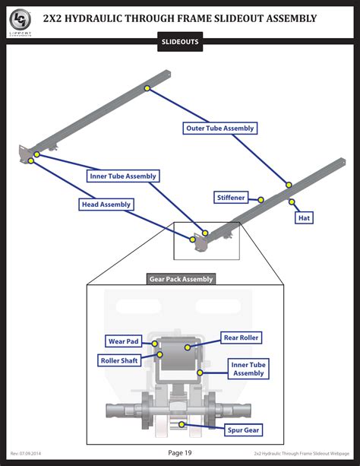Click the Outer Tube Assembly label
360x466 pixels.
pos(220,128)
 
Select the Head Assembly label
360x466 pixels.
pos(106,204)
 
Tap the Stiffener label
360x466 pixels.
pos(231,198)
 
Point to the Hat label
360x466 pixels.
pos(305,217)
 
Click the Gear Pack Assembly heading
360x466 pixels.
pos(181,279)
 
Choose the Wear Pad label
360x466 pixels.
pos(123,342)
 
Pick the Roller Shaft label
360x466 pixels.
pos(119,360)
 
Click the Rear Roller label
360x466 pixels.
pos(241,338)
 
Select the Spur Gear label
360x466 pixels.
pos(243,430)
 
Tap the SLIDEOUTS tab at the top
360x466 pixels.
pos(180,43)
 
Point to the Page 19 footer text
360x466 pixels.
pos(180,453)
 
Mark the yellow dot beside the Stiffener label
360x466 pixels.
pos(261,200)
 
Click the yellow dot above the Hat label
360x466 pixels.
pos(292,202)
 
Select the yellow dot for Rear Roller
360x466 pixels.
pos(188,346)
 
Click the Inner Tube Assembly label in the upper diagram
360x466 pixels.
pos(122,176)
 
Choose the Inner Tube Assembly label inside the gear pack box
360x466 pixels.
pos(248,369)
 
